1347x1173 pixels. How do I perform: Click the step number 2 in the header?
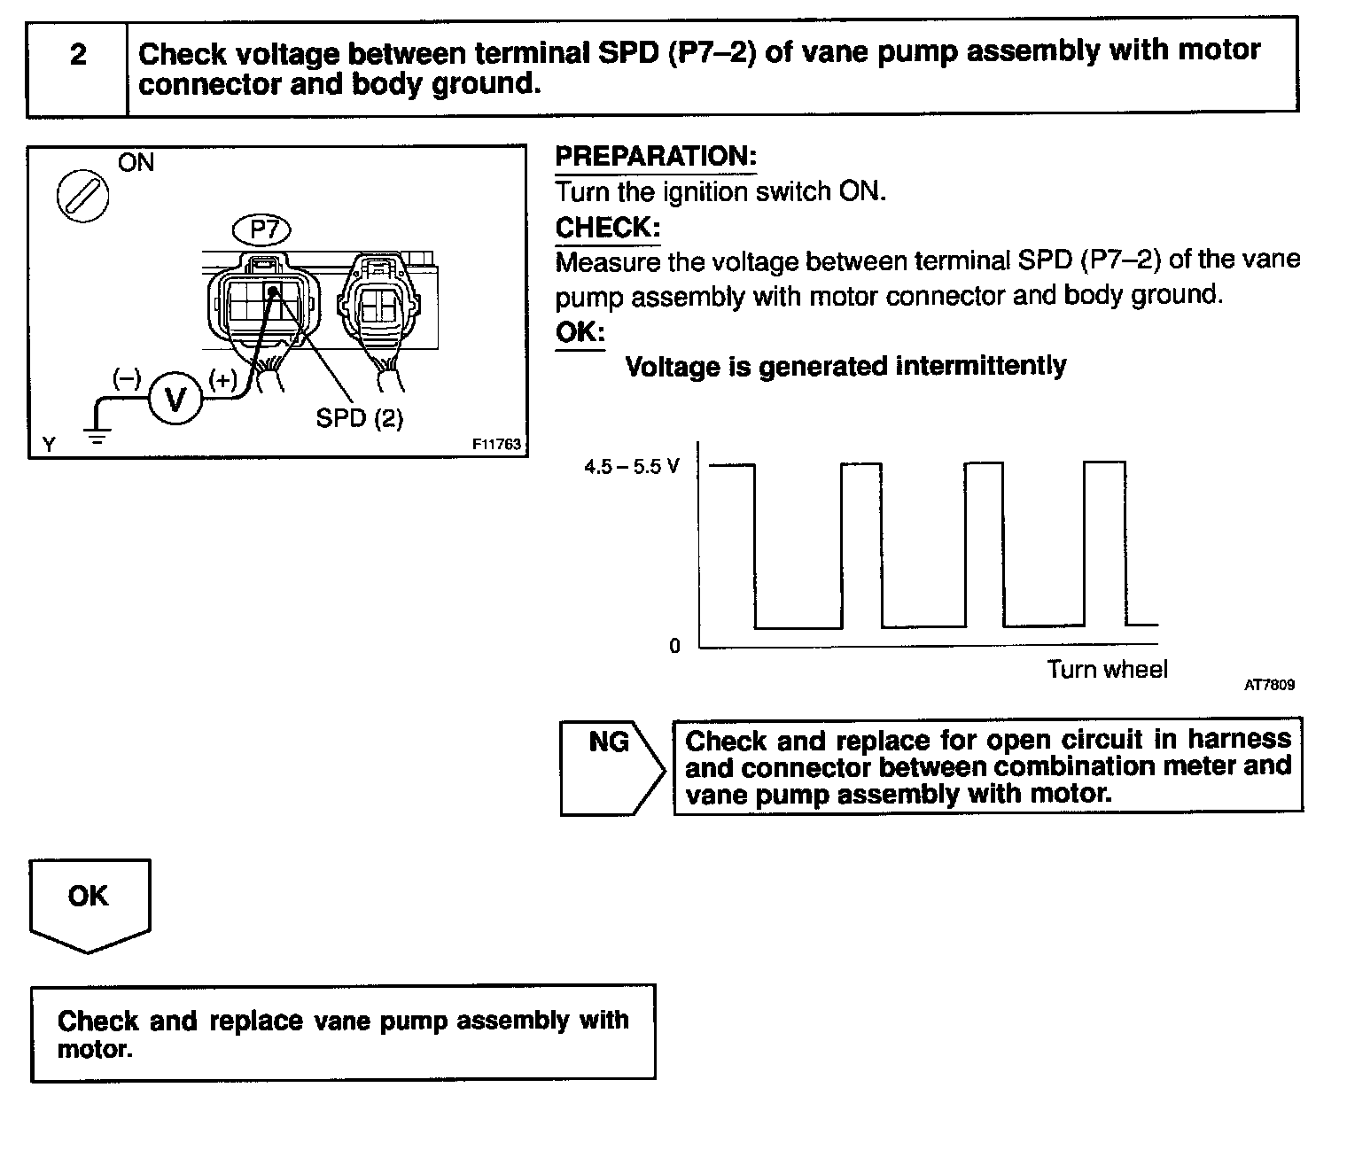point(78,55)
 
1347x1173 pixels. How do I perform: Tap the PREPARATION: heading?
point(656,157)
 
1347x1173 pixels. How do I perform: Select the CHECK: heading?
point(608,228)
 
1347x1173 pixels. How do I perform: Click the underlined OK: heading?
point(580,332)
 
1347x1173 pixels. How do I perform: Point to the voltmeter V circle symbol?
point(175,401)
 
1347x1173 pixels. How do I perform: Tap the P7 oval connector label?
point(263,230)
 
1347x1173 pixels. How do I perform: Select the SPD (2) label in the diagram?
point(359,418)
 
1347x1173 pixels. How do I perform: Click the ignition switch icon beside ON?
point(82,194)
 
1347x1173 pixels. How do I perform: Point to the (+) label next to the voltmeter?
point(222,380)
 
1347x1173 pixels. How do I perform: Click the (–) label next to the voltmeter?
point(127,378)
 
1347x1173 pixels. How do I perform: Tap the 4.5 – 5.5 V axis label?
point(631,467)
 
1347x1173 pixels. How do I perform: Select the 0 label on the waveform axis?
point(674,647)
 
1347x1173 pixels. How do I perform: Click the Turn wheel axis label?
point(1107,669)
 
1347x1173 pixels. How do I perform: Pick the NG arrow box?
point(611,767)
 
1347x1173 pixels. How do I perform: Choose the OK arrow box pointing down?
point(90,904)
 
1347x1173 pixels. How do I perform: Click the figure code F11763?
point(496,445)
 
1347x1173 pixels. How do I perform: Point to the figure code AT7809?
point(1269,685)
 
